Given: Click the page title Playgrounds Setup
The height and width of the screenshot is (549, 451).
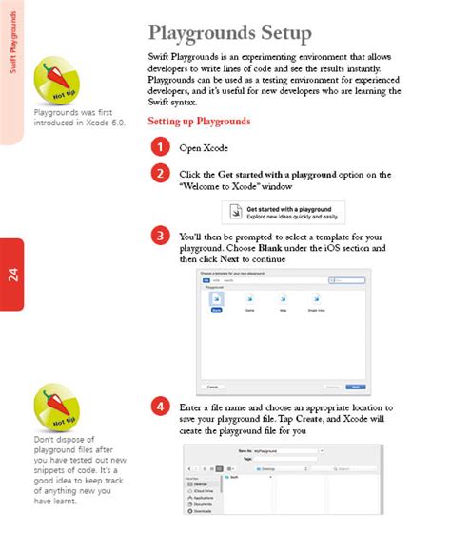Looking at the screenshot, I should point(229,34).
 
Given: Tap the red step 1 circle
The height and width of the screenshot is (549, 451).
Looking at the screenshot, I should point(162,147).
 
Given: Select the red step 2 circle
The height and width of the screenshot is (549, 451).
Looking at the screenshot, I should point(162,173).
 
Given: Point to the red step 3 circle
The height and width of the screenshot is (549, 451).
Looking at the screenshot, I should point(162,236).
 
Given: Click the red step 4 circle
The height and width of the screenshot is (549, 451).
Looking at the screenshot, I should point(162,407).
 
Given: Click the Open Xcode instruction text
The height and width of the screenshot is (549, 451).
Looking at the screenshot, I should point(204,148).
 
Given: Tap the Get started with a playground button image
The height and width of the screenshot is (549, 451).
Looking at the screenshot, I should point(283,211).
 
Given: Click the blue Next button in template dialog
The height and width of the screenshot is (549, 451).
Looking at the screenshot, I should point(355,387).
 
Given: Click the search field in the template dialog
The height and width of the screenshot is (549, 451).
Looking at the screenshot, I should point(346,280).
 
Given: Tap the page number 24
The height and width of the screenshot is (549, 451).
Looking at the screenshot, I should point(12,275).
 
